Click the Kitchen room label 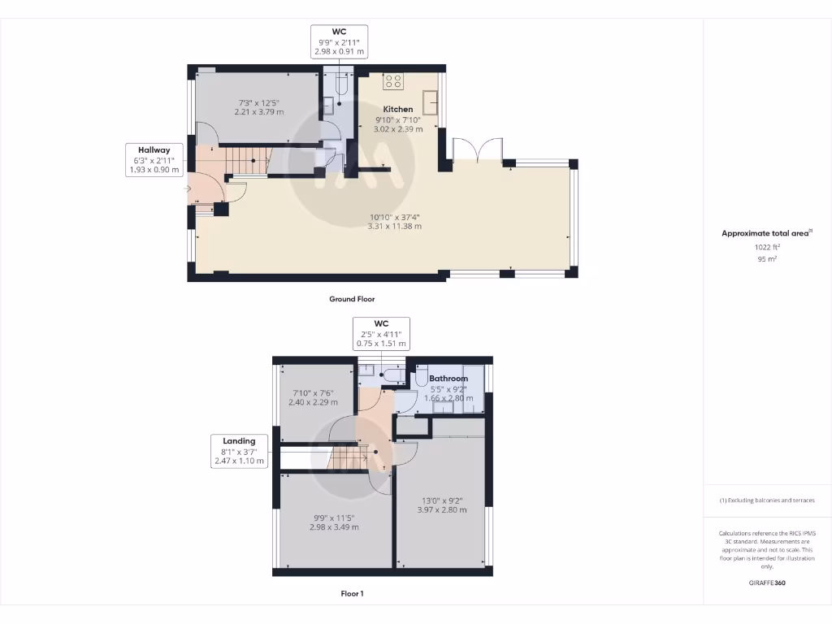pyautogui.click(x=398, y=109)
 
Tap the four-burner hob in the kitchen pyautogui.click(x=393, y=80)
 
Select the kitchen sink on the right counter pyautogui.click(x=429, y=102)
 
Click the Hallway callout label pyautogui.click(x=154, y=149)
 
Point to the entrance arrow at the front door pyautogui.click(x=188, y=189)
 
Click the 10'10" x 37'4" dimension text pyautogui.click(x=395, y=217)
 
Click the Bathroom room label pyautogui.click(x=448, y=379)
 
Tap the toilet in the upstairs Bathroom pyautogui.click(x=421, y=376)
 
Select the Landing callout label pyautogui.click(x=240, y=441)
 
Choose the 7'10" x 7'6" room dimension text pyautogui.click(x=314, y=393)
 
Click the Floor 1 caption pyautogui.click(x=352, y=594)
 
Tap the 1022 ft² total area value pyautogui.click(x=766, y=247)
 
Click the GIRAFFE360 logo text pyautogui.click(x=767, y=583)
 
